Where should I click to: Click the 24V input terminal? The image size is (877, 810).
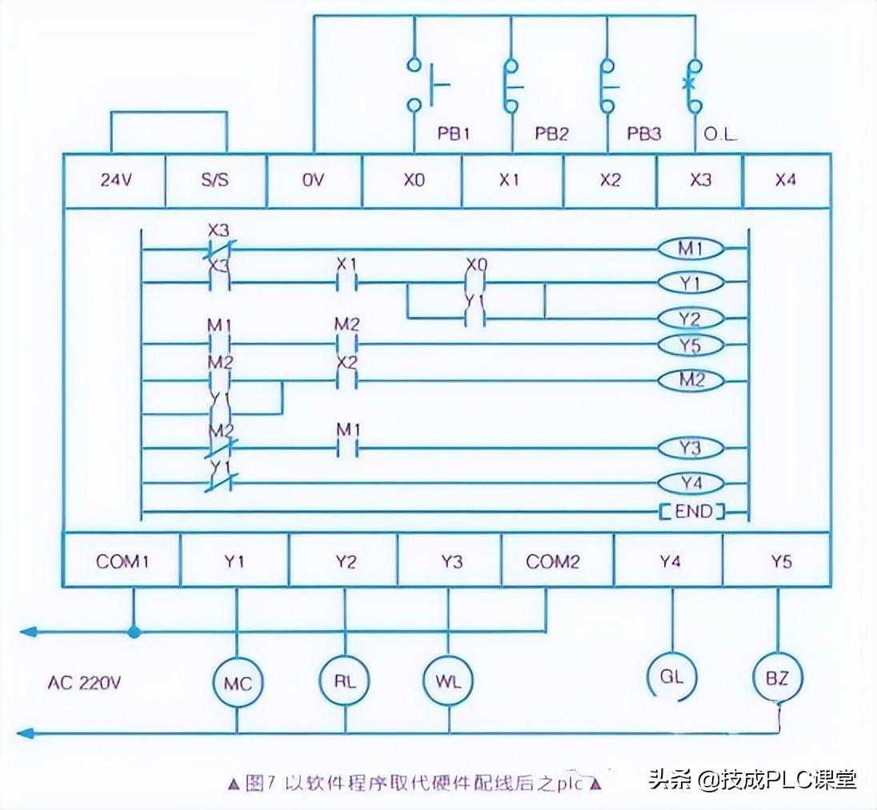[114, 180]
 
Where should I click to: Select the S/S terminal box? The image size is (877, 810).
[214, 180]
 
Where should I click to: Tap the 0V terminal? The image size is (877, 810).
[313, 180]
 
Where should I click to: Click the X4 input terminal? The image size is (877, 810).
[786, 180]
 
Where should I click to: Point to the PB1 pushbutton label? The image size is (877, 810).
[453, 134]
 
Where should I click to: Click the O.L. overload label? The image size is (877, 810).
[719, 134]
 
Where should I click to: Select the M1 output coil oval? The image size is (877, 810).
[690, 249]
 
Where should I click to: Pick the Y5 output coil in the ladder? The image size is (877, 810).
[690, 345]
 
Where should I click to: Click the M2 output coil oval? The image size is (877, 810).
[690, 380]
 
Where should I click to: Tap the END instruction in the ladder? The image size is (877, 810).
[691, 511]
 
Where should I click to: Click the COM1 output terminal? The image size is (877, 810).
[122, 561]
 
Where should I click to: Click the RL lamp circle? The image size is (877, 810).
[345, 681]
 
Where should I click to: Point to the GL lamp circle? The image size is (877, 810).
[671, 676]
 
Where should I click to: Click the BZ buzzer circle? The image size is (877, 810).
[777, 678]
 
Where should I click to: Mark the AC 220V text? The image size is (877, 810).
[83, 683]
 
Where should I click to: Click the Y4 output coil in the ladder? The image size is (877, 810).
[690, 483]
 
